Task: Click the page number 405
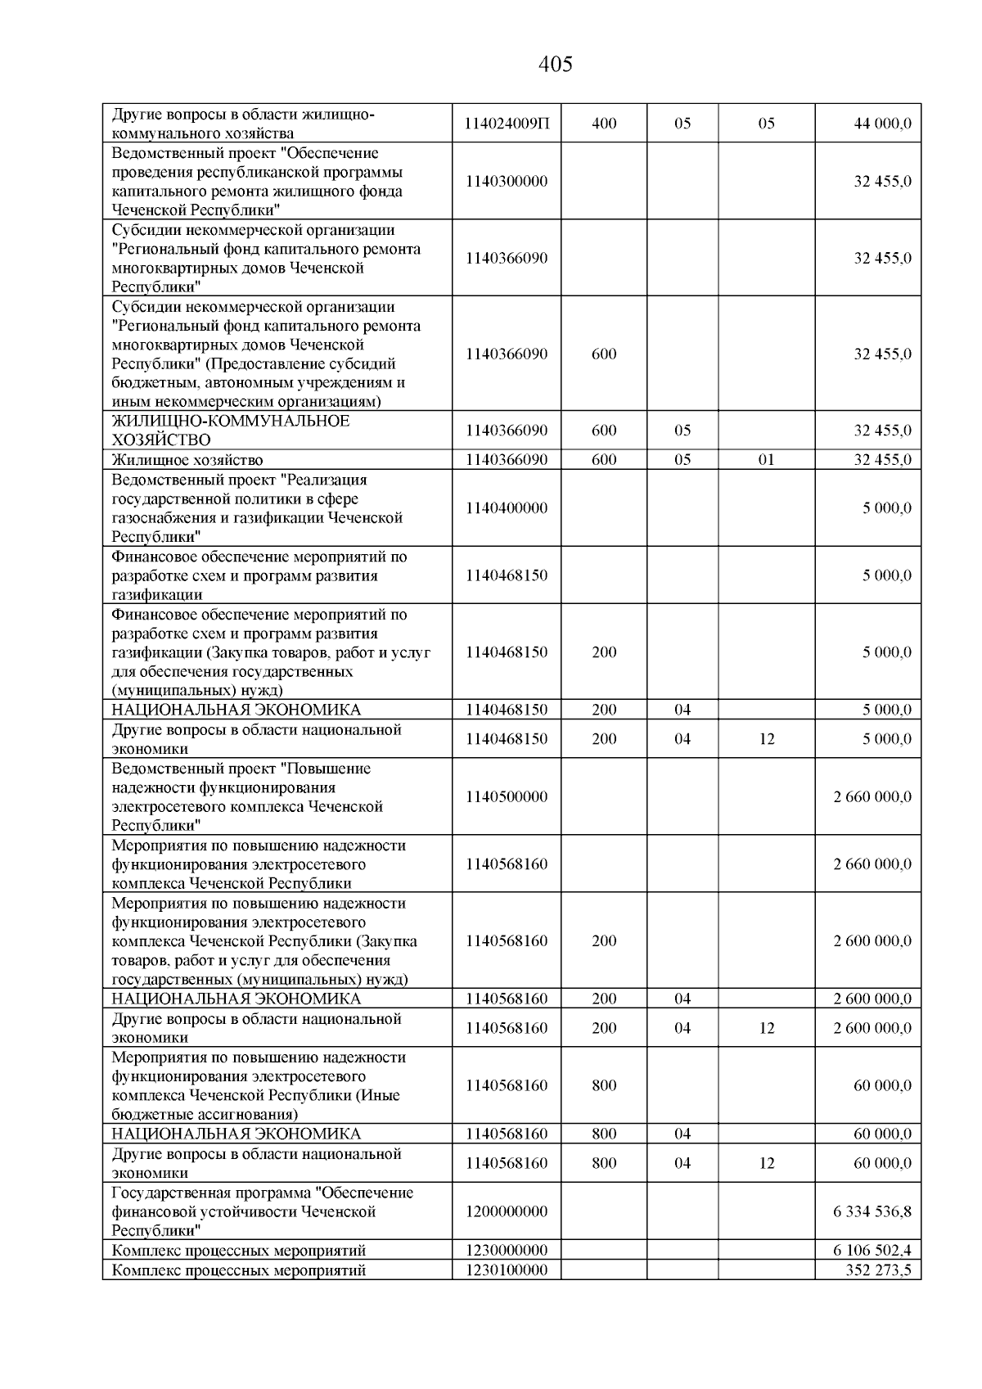[556, 64]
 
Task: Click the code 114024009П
[507, 124]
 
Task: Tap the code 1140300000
[507, 181]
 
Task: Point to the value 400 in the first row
[604, 124]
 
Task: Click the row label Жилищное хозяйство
[187, 460]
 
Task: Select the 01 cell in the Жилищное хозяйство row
[766, 460]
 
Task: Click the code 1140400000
[507, 507]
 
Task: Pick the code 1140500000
[507, 796]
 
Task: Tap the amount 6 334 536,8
[872, 1211]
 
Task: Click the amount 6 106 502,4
[872, 1251]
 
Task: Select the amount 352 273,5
[878, 1270]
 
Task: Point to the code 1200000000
[507, 1211]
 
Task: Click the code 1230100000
[507, 1270]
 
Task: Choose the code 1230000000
[507, 1251]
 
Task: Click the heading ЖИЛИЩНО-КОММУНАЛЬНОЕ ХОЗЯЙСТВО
[231, 431]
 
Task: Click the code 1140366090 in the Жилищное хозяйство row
[507, 460]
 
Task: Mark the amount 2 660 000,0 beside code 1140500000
[872, 796]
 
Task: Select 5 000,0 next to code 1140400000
[886, 507]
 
